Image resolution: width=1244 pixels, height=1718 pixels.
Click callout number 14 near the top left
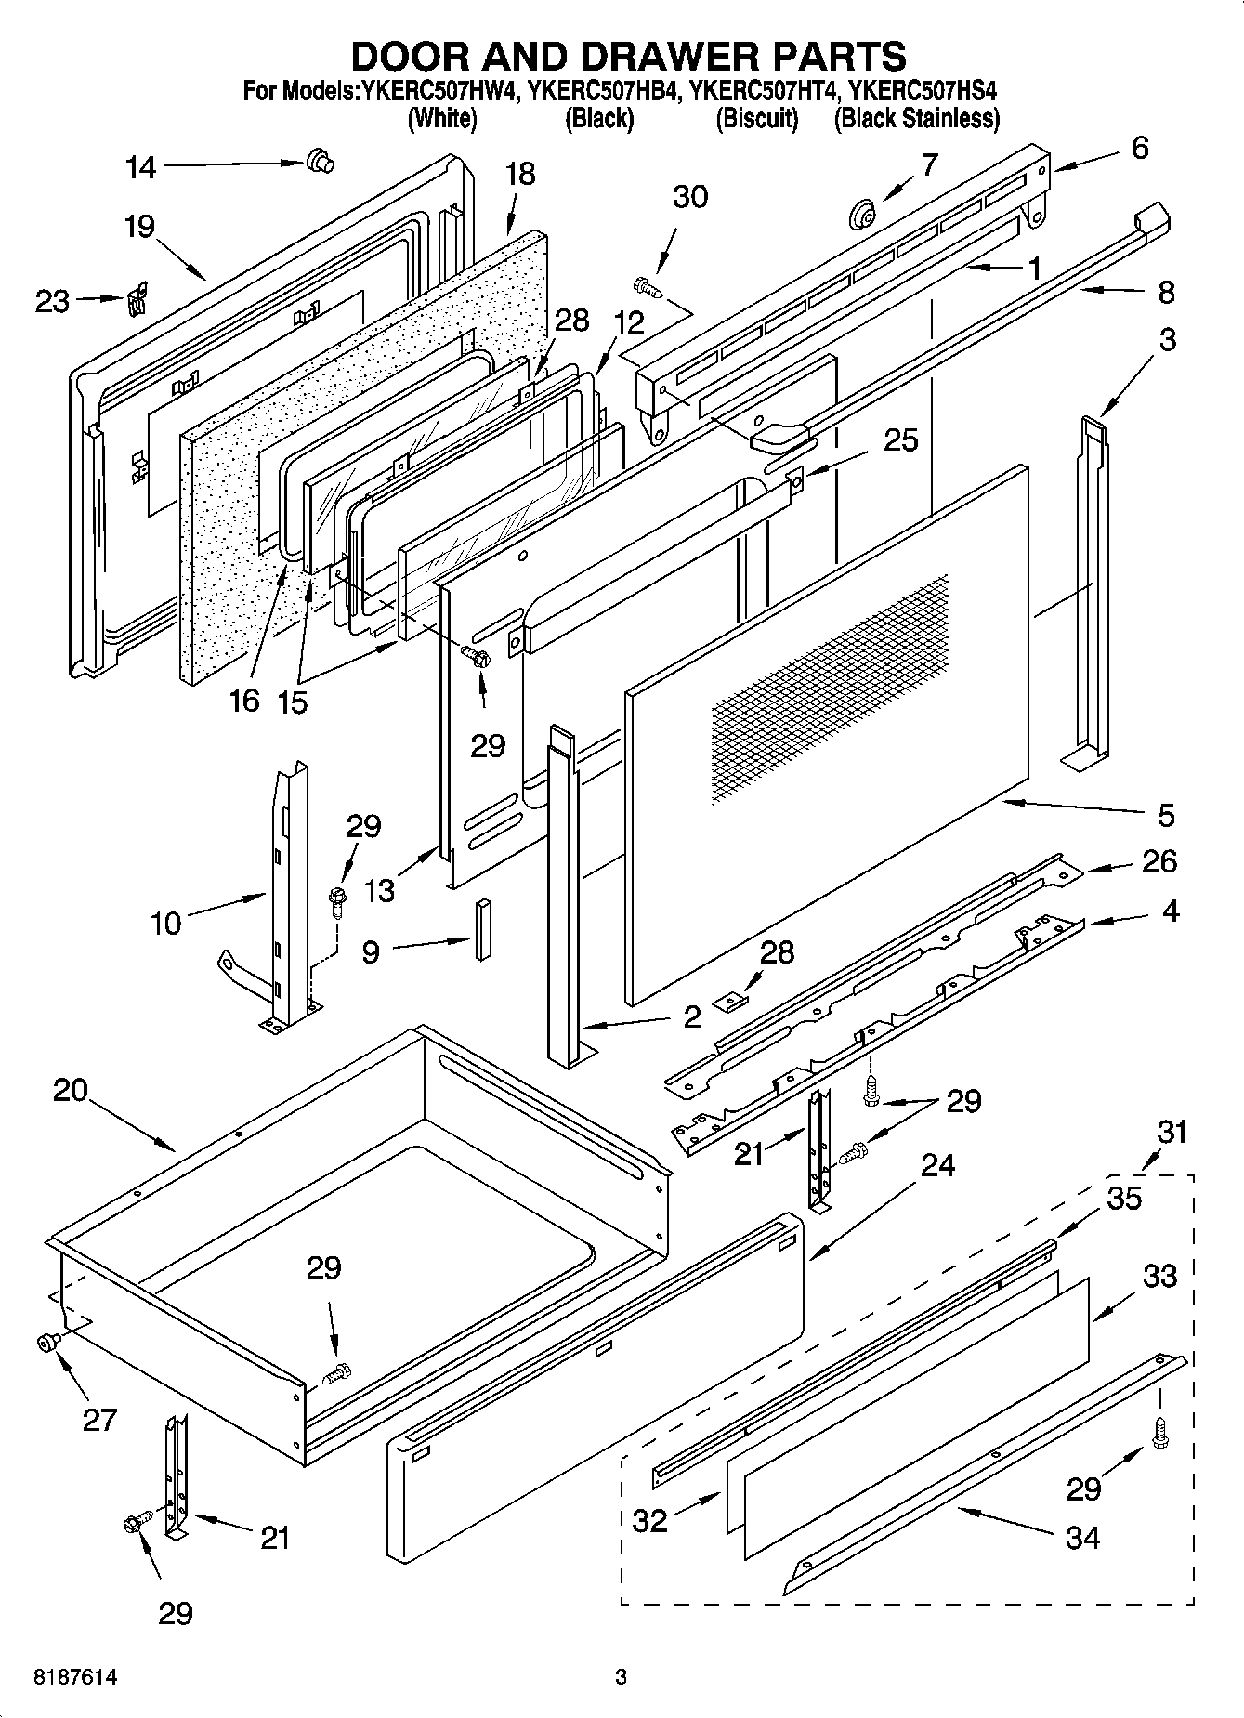[141, 168]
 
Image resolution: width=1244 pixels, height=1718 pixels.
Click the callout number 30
[689, 197]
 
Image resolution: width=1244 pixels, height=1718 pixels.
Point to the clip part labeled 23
[137, 300]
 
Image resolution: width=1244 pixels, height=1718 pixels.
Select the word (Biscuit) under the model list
[756, 119]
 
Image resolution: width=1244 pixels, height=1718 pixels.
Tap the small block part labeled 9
[481, 929]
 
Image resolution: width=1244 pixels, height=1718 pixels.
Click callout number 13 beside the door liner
[380, 890]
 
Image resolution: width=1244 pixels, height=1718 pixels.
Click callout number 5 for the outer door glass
[1166, 815]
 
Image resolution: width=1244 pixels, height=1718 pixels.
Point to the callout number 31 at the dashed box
[1172, 1132]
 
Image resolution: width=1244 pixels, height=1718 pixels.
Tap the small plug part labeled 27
[46, 1341]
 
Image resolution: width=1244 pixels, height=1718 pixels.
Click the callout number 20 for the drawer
[70, 1090]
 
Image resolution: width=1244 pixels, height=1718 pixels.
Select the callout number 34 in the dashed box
[1082, 1537]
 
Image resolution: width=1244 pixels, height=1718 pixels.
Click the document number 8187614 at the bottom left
[75, 1677]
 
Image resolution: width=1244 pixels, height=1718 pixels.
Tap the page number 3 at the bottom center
[621, 1677]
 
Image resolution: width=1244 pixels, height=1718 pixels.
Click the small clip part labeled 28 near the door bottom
[731, 1001]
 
